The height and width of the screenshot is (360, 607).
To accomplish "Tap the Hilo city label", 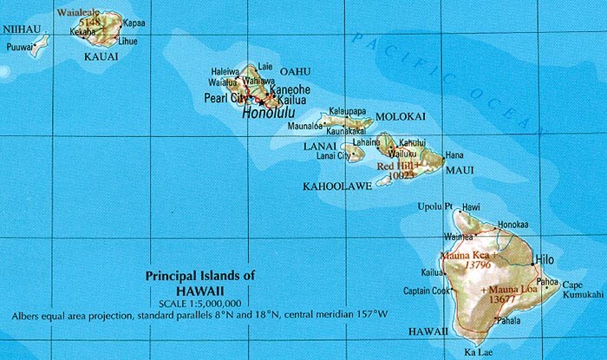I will (x=545, y=259).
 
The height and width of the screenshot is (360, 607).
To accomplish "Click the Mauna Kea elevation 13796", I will (x=473, y=265).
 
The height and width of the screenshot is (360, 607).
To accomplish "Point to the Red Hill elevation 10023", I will (x=401, y=173).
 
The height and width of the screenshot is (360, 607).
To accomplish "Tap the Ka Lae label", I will (x=480, y=351).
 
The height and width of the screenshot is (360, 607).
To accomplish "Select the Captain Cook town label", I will (x=428, y=291).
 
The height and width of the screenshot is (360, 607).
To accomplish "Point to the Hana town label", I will (x=454, y=154).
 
